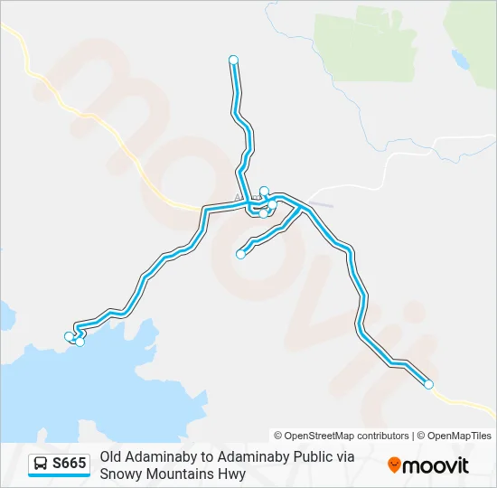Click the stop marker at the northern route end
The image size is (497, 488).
pos(234,60)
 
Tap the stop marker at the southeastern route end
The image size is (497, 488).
pos(428,385)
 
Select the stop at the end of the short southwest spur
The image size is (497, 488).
pos(240,254)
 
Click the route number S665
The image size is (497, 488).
pos(70,465)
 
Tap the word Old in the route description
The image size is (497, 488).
pos(111,457)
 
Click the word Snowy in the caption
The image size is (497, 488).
pos(120,473)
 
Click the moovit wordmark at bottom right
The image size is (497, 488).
pos(436,465)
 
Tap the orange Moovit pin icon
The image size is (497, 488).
pos(394,465)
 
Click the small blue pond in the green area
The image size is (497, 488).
pos(460,61)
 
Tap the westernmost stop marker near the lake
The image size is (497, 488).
pos(69,336)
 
